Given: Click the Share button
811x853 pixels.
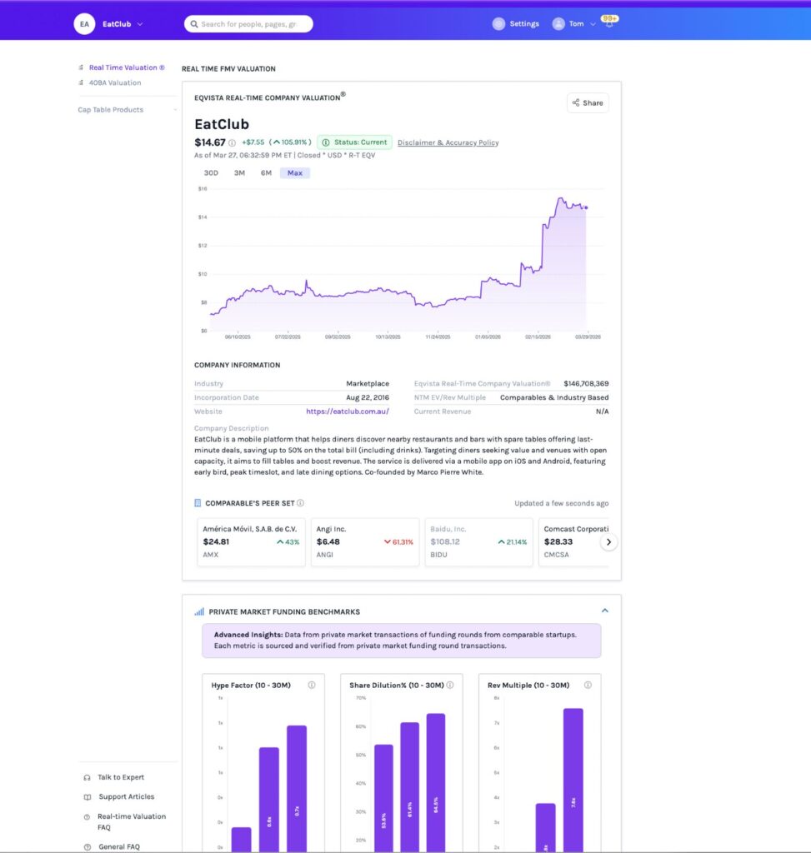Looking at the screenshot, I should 588,103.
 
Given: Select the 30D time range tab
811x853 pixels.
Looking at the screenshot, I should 211,173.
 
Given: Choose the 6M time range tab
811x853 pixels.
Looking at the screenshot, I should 266,173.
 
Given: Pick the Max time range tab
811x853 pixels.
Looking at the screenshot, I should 294,173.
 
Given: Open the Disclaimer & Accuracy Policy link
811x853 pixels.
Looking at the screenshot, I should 448,142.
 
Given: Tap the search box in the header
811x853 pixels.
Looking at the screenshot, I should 248,24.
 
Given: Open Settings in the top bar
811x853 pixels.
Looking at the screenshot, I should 516,24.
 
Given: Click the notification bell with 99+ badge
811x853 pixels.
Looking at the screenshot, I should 608,23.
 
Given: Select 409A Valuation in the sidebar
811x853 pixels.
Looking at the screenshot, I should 115,82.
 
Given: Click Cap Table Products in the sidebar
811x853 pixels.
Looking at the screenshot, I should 111,110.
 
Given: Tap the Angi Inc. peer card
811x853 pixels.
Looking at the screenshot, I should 364,541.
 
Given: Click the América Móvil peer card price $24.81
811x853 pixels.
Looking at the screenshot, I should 216,541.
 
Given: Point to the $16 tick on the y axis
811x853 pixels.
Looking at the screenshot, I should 203,188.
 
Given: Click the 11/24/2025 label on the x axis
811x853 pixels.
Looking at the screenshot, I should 438,337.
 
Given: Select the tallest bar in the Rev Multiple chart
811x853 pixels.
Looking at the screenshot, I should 573,779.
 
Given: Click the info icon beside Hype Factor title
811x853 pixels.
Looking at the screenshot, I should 311,685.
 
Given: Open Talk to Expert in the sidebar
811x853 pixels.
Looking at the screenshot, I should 120,777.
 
